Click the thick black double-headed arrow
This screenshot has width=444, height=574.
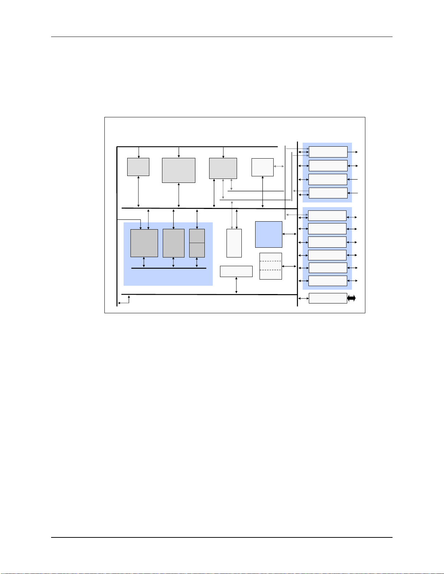click(x=351, y=298)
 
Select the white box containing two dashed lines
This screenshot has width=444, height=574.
click(x=270, y=266)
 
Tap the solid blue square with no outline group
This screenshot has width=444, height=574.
click(x=269, y=234)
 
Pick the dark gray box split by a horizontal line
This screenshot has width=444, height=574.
click(x=197, y=243)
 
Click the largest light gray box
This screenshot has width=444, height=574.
click(x=178, y=170)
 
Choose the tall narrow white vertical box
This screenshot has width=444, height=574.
click(x=234, y=243)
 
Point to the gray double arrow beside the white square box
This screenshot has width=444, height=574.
click(x=278, y=166)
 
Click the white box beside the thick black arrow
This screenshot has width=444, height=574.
click(x=328, y=298)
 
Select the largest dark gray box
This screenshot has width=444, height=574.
click(x=144, y=243)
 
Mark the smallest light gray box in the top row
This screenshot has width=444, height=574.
click(x=138, y=167)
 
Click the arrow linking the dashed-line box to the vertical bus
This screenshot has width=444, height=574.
click(x=289, y=267)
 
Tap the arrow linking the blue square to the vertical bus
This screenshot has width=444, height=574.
click(x=289, y=234)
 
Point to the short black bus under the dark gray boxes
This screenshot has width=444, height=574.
click(x=169, y=268)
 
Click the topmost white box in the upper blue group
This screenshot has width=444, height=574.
click(x=328, y=152)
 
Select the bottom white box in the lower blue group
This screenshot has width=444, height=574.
click(x=327, y=281)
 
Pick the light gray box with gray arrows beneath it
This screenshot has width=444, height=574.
click(x=223, y=168)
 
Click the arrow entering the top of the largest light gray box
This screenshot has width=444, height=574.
click(x=179, y=152)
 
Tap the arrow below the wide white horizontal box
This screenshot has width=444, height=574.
click(x=236, y=285)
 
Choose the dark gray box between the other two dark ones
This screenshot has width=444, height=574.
click(x=173, y=243)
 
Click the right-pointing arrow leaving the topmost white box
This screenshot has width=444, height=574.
click(x=353, y=152)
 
